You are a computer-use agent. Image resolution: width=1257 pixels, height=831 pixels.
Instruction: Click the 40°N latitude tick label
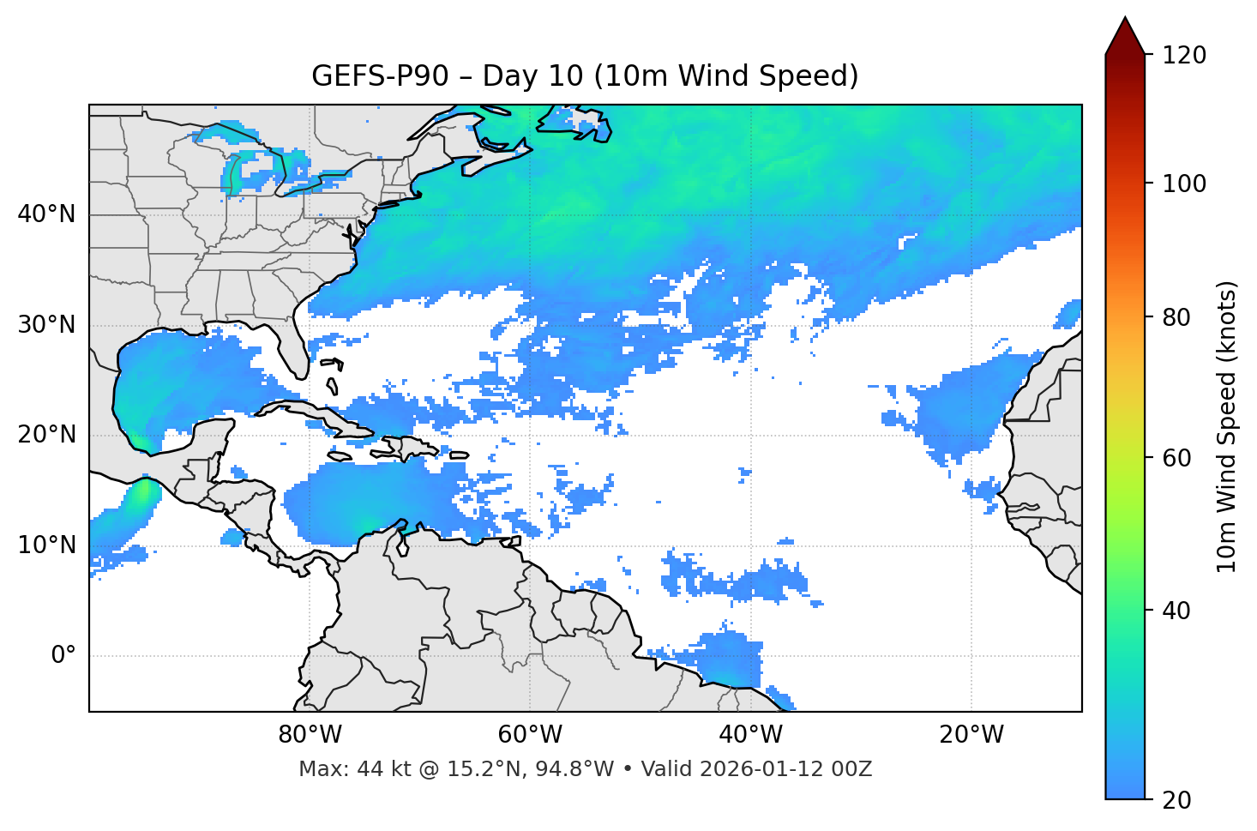coord(46,214)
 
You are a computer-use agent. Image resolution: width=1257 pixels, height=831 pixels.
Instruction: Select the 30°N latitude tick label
coord(46,325)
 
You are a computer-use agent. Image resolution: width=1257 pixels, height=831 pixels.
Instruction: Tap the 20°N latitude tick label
coord(46,435)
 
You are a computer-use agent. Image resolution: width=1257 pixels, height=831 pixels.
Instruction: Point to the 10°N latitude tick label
coord(46,545)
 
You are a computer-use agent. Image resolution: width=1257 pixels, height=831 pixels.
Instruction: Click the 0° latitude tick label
coord(63,656)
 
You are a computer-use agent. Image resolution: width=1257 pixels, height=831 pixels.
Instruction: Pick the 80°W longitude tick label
coord(310,735)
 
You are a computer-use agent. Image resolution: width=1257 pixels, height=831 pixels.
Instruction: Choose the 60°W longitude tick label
coord(530,735)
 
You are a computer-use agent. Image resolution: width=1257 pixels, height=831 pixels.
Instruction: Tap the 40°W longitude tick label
coord(751,735)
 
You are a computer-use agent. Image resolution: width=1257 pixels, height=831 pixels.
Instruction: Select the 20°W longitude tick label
coord(971,735)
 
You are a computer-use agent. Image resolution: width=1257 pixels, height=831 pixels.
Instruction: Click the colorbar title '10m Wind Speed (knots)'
coord(1228,426)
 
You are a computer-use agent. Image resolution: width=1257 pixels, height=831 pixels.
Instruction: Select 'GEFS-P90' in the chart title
coord(380,76)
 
